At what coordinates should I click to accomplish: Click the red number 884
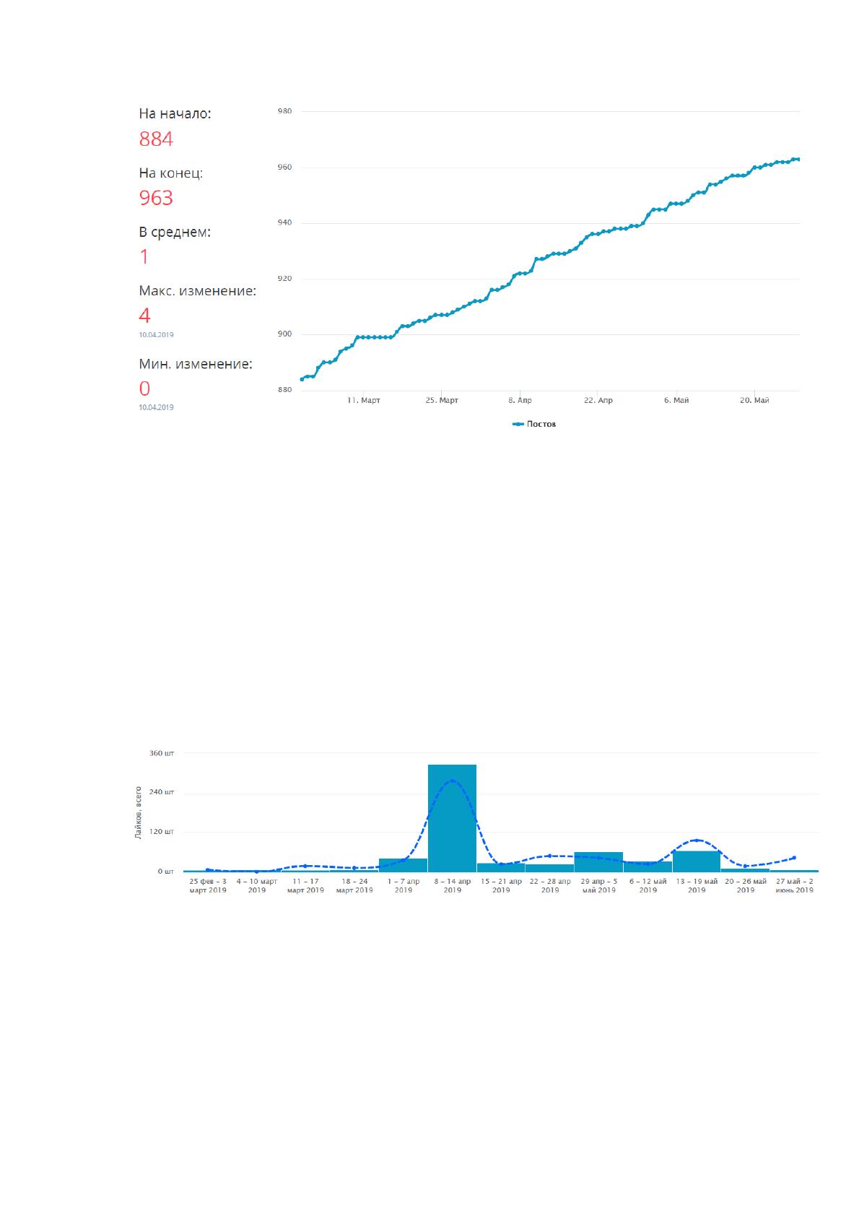[156, 139]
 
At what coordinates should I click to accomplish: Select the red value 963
[156, 198]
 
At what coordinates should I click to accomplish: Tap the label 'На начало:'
[175, 113]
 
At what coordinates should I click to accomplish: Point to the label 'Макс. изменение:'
[198, 291]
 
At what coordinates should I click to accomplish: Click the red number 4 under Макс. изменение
[144, 316]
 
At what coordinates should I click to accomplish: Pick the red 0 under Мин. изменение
[144, 388]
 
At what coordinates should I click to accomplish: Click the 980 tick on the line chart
[285, 110]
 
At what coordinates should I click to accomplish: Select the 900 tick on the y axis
[285, 334]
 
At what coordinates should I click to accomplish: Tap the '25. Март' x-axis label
[442, 400]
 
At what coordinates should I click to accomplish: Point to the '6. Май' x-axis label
[676, 400]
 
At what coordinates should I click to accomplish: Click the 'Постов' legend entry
[534, 424]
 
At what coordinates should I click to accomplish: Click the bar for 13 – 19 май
[696, 861]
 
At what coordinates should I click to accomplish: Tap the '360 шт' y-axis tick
[162, 753]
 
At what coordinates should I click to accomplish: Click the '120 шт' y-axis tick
[162, 831]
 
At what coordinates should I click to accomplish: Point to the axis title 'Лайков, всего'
[139, 812]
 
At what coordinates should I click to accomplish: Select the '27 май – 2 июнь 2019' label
[795, 885]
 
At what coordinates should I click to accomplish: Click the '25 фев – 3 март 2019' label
[208, 885]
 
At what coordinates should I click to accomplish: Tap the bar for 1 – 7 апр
[404, 865]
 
